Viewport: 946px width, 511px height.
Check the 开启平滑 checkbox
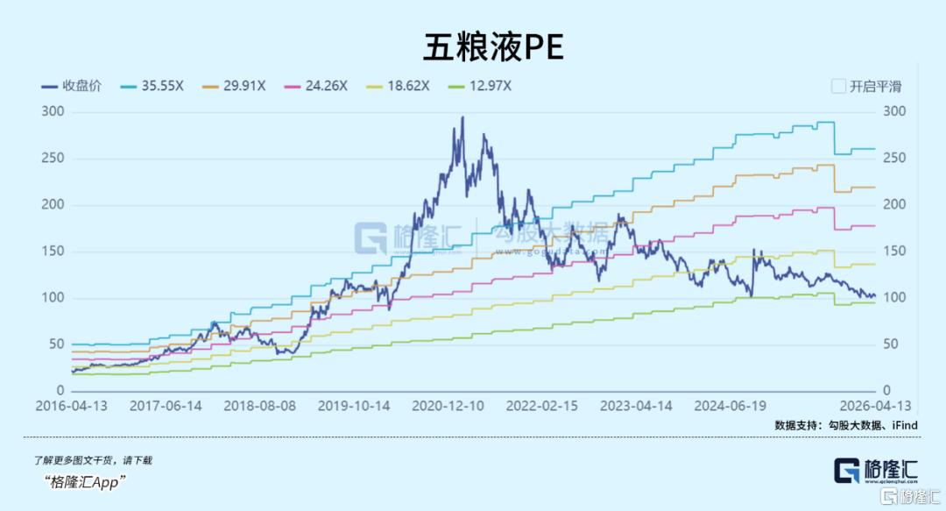[838, 86]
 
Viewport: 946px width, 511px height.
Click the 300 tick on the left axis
[53, 111]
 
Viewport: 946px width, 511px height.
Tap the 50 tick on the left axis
[57, 344]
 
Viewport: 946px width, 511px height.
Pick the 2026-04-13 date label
[875, 407]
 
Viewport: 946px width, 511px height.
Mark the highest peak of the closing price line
[462, 118]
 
